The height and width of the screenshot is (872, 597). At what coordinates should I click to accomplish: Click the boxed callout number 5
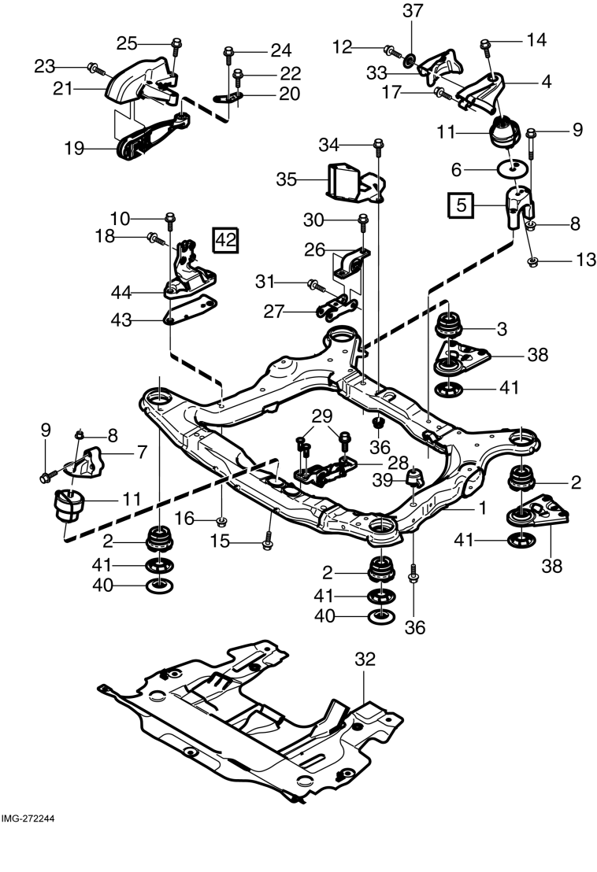click(x=462, y=205)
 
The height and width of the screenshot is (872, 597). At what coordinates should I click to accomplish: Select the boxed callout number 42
click(x=226, y=240)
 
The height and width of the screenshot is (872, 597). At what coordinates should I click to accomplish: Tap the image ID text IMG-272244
click(x=28, y=819)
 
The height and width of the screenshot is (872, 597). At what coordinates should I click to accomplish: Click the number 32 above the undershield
click(x=365, y=659)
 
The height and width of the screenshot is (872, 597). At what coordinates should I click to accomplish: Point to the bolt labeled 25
click(x=176, y=46)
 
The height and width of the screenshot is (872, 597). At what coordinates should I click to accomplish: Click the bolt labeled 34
click(x=378, y=147)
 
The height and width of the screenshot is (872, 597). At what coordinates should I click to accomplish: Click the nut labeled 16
click(x=221, y=521)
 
